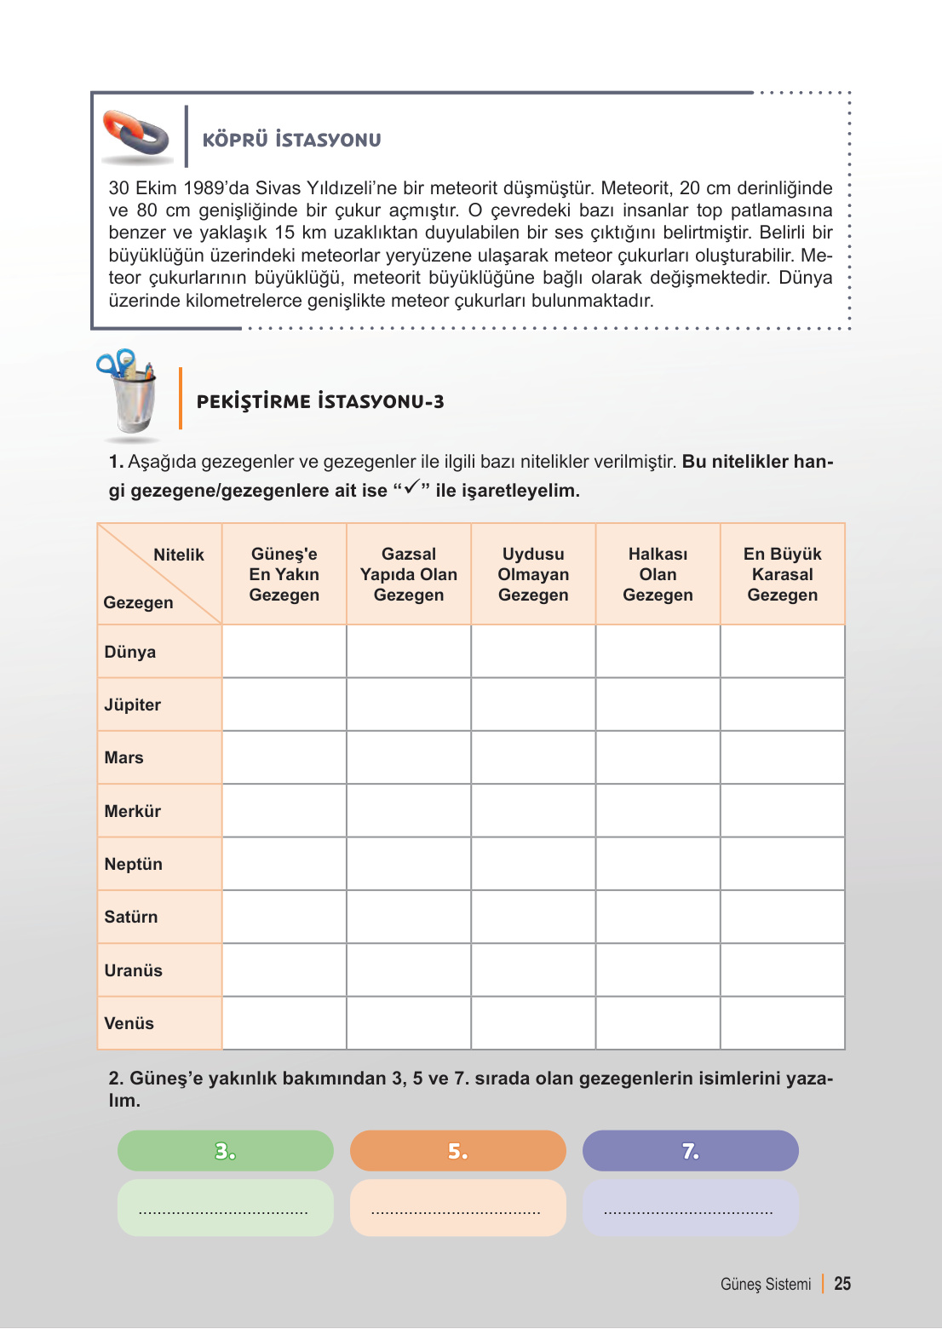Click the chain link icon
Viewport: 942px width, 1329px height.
point(136,135)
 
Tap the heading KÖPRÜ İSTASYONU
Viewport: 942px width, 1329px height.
point(291,140)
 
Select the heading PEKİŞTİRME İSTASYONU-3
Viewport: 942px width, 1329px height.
point(320,402)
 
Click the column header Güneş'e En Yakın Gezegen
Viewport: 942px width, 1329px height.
point(284,574)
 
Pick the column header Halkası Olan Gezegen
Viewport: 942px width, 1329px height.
point(658,574)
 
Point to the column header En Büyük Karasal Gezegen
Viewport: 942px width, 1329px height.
point(782,574)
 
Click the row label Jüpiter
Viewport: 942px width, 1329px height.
point(133,705)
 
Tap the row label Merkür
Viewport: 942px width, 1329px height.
point(133,811)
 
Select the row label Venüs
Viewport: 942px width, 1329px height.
point(129,1023)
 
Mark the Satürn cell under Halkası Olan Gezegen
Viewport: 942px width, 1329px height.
point(658,917)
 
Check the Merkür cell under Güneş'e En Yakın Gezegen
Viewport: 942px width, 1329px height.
point(284,811)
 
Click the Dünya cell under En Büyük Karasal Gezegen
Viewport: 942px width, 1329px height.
point(782,652)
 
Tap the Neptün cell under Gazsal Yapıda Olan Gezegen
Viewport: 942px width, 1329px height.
point(409,864)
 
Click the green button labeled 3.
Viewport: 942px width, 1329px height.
point(226,1151)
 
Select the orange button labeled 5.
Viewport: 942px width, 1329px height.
point(458,1151)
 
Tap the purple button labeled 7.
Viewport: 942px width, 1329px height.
point(691,1151)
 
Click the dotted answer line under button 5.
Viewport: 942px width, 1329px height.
point(457,1211)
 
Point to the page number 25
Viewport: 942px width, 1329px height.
point(842,1284)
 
